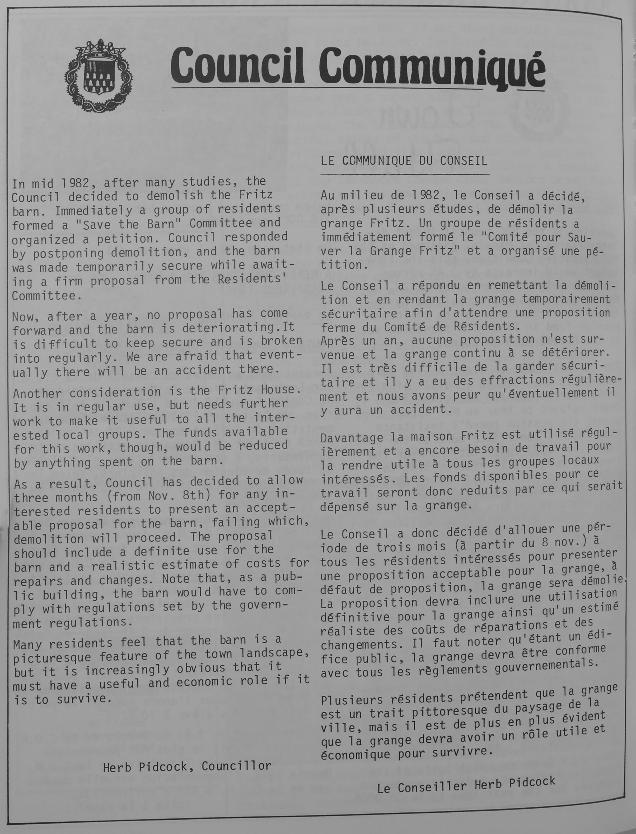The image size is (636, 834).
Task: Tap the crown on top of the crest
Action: pos(99,48)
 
